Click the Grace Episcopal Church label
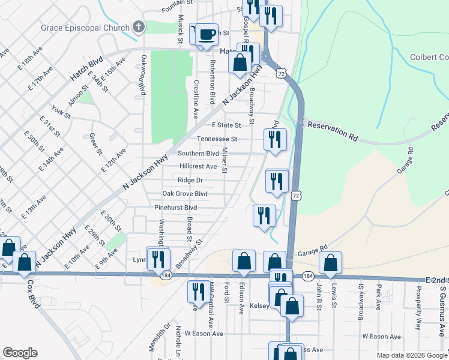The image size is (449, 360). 85,28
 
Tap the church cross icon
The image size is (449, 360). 139,27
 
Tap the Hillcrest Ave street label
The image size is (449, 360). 198,166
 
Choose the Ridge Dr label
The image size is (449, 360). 190,180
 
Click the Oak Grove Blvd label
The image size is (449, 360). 185,194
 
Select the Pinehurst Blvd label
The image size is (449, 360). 175,208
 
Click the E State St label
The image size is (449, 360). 226,125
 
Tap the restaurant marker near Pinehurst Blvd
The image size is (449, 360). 264,215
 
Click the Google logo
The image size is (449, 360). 20,353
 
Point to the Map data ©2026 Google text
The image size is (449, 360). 411,355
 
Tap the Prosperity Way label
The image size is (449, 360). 418,315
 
